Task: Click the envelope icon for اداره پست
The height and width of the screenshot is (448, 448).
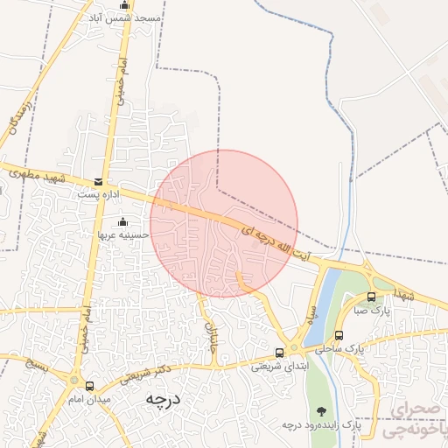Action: [x=96, y=182]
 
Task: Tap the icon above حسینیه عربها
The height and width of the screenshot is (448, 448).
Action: [x=122, y=221]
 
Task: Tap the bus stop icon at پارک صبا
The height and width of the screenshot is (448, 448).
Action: [x=371, y=297]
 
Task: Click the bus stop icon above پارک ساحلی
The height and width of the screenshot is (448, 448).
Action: [x=339, y=335]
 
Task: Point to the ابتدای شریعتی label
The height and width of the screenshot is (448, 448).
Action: [x=280, y=366]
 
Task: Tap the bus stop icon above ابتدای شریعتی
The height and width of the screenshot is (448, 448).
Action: [x=279, y=353]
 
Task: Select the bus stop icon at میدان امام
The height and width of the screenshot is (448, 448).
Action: [x=89, y=386]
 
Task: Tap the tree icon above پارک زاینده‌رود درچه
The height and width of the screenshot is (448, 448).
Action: [x=322, y=410]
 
